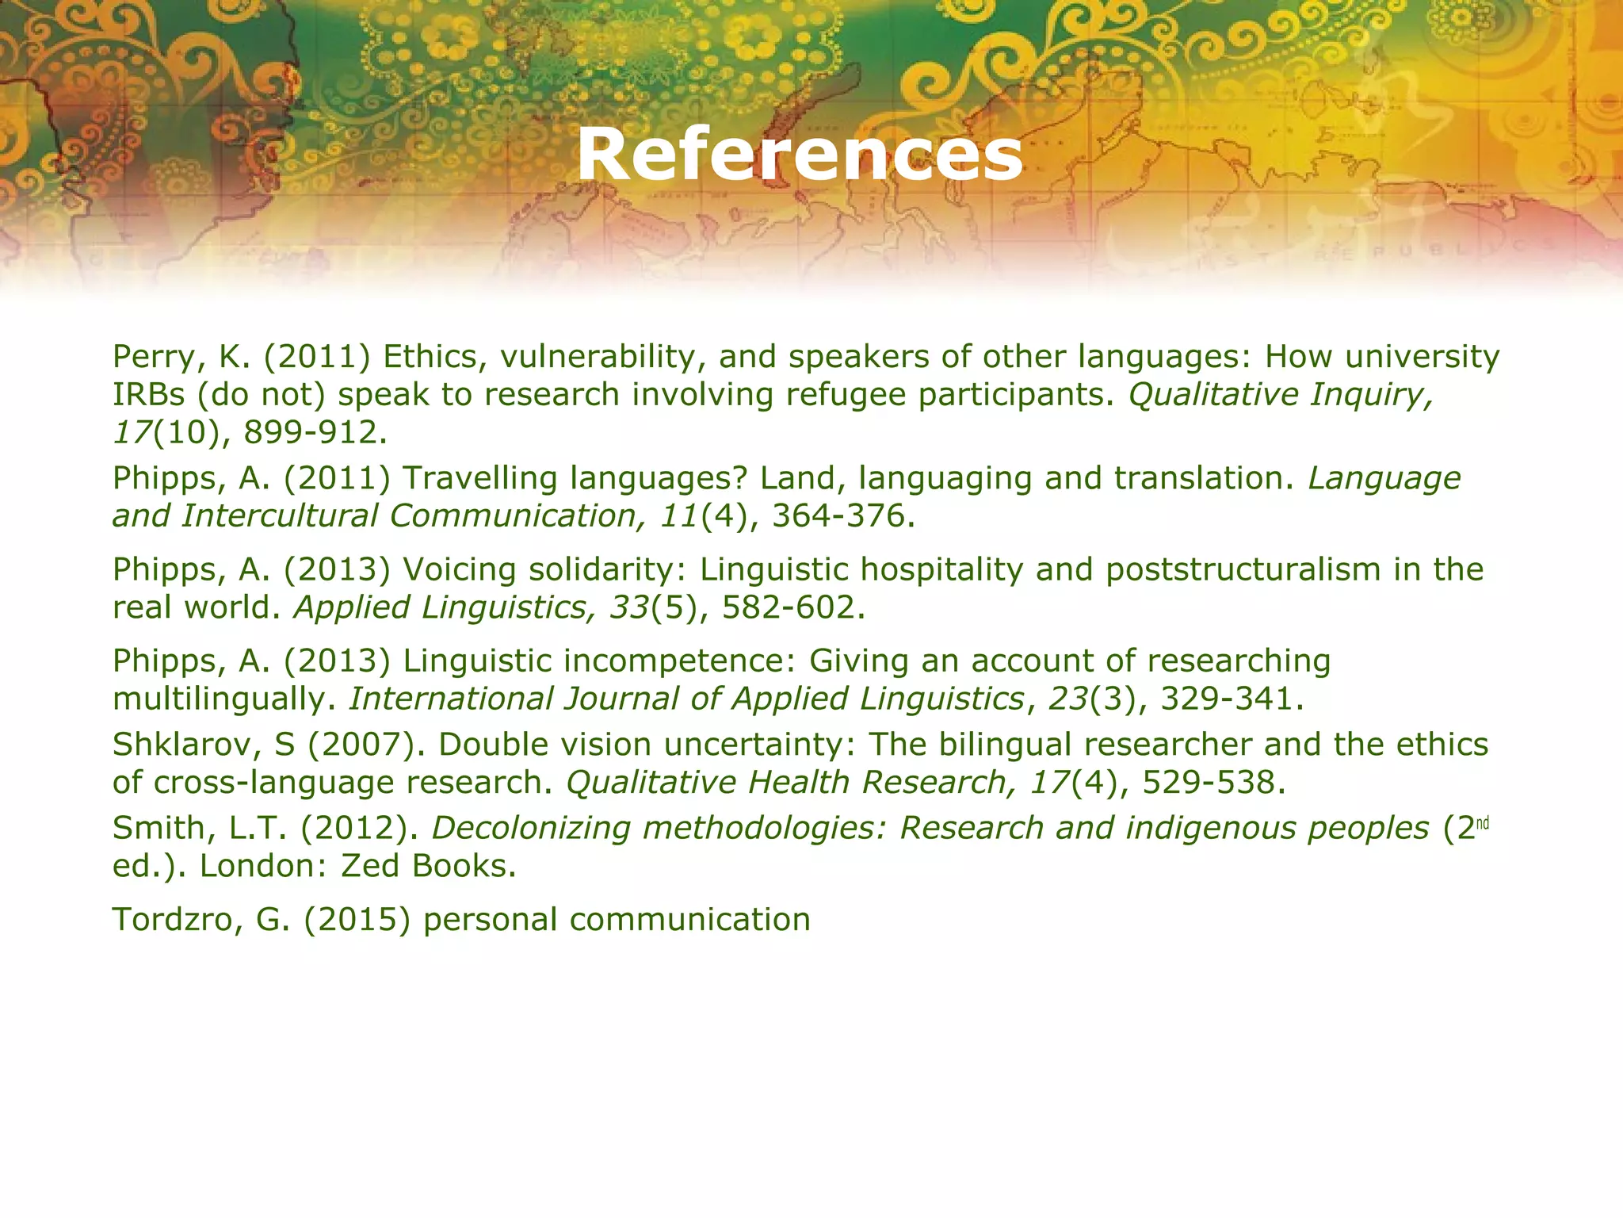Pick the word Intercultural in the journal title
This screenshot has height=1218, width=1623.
coord(280,516)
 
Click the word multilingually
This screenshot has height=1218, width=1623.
coord(220,699)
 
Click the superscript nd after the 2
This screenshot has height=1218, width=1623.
coord(1484,823)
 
